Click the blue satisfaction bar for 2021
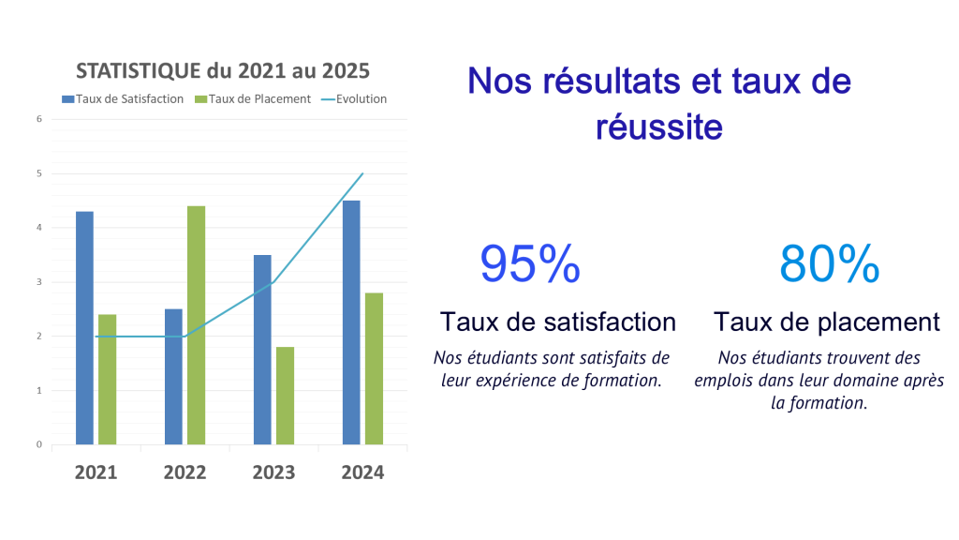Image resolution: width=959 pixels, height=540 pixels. coord(84,328)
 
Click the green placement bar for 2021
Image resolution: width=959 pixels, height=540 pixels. coord(107,380)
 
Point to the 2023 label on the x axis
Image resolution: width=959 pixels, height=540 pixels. coord(273,472)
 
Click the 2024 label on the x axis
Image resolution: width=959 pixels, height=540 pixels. coord(362,472)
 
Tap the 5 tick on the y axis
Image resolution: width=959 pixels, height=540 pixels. coord(39,173)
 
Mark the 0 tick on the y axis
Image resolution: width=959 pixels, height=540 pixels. coord(39,444)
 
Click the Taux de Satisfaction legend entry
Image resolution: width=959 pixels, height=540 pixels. coord(123,98)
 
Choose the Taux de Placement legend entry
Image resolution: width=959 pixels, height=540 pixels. coord(253,98)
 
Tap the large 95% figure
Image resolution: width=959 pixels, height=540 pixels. coord(530,264)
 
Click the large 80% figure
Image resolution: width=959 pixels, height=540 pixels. coord(829,264)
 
